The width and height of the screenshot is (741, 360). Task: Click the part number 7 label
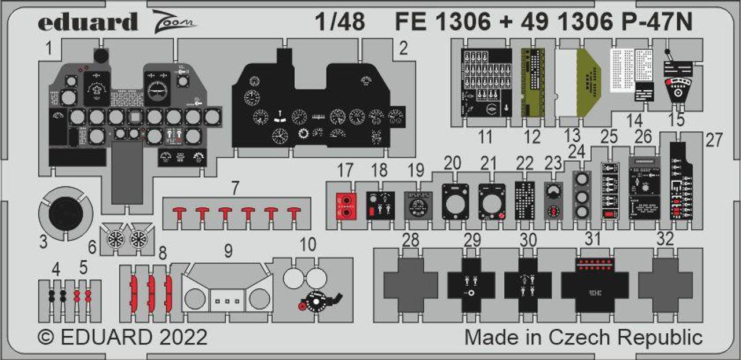(234, 188)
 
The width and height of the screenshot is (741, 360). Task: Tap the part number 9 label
(228, 251)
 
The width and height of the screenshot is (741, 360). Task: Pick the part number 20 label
(452, 162)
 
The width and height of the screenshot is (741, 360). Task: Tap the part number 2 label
(403, 49)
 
